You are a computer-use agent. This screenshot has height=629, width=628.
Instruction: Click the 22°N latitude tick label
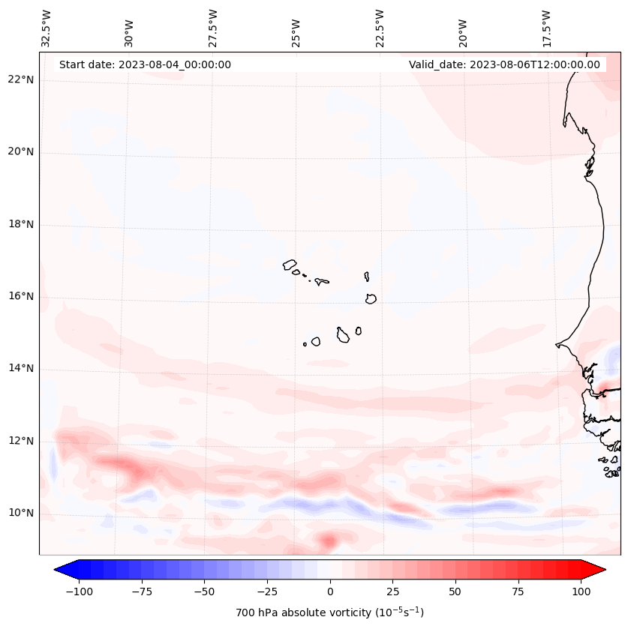22,80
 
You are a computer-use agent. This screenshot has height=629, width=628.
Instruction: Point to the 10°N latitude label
22,514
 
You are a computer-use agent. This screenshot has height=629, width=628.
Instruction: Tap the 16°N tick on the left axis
22,297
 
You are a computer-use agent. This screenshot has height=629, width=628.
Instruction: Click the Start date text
145,64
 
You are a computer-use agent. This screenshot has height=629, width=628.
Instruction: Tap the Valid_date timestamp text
504,64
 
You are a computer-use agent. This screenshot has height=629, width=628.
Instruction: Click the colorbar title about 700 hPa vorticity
329,613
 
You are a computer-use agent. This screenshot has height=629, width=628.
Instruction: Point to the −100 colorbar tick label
79,592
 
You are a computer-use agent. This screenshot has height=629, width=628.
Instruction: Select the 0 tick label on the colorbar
329,592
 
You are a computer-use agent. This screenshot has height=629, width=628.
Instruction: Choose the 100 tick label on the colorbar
581,592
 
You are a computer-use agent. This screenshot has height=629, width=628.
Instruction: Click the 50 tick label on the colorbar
455,592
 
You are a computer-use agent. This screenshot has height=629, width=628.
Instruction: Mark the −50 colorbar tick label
204,592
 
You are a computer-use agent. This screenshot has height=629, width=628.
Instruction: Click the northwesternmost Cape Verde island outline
290,265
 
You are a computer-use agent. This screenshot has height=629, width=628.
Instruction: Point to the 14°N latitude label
22,369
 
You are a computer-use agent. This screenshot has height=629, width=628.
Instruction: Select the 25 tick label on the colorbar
392,592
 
